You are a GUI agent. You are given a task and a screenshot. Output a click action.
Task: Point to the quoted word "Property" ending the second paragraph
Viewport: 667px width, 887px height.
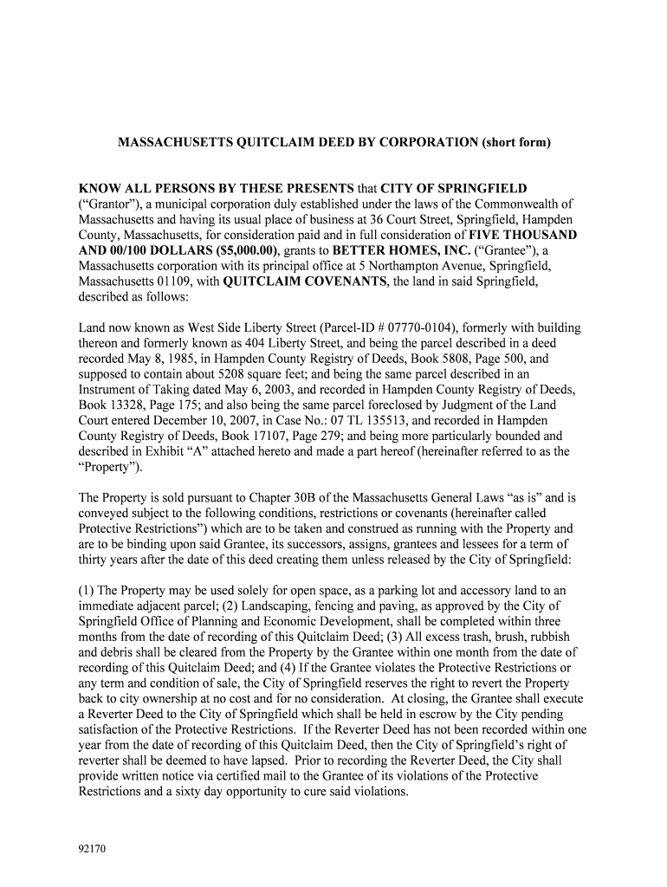(x=108, y=468)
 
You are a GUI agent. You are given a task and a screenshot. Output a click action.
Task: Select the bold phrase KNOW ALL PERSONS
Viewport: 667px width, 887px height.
(x=152, y=189)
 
